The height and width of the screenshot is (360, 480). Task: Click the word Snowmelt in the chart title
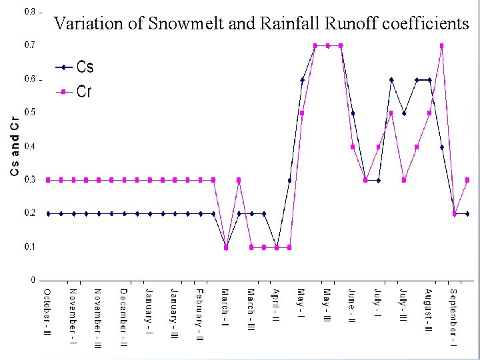180,24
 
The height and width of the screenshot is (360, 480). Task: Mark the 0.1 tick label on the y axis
31,247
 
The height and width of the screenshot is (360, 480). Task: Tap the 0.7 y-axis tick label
31,45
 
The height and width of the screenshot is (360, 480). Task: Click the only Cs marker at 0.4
442,147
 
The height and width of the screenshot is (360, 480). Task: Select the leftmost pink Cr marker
48,180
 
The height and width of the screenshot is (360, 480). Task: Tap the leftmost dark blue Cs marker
48,213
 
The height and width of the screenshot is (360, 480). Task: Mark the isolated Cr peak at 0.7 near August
442,45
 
